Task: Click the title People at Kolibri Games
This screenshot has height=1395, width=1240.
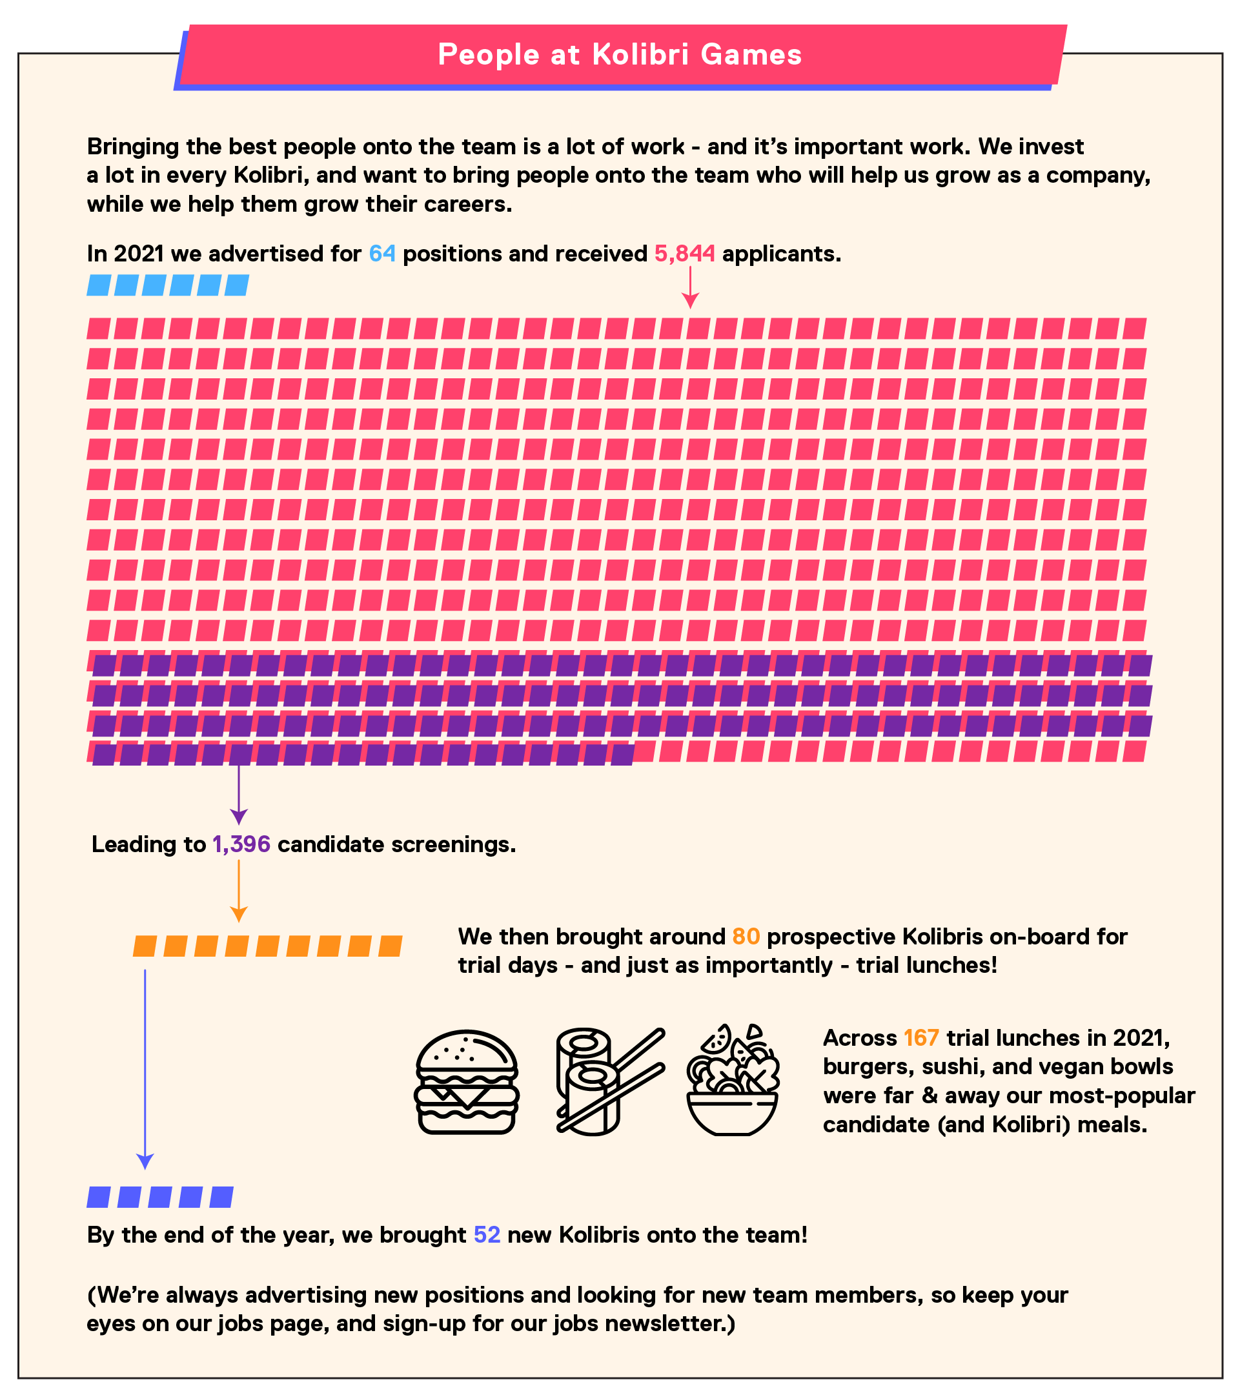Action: click(620, 55)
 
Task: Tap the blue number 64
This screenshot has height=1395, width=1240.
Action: click(382, 254)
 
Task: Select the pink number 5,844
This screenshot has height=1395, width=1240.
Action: click(684, 254)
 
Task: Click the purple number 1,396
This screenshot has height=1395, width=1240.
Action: click(241, 844)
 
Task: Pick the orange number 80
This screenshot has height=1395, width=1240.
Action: click(746, 937)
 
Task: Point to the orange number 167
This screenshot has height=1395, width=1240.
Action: click(921, 1037)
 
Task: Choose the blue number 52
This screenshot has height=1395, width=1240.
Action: click(487, 1235)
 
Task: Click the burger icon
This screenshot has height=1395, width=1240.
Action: click(467, 1082)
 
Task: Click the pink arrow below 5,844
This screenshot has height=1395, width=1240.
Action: click(690, 287)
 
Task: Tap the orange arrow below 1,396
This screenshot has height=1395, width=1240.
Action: click(238, 891)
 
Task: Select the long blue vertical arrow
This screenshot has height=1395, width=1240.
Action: click(145, 1070)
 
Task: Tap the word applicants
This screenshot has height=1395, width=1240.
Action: click(782, 254)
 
